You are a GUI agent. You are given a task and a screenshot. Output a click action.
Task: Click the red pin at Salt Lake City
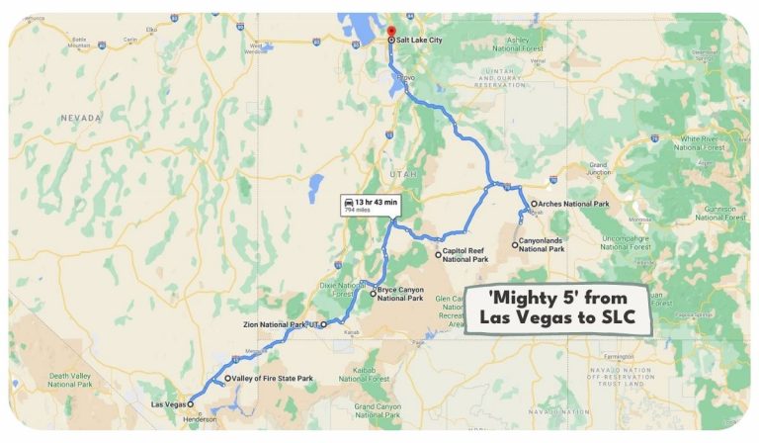[390, 31]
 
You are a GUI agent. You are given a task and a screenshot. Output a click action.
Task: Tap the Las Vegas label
[167, 404]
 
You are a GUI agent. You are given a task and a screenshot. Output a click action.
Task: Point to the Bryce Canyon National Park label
[401, 294]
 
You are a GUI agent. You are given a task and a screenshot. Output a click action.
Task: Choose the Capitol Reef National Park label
[464, 256]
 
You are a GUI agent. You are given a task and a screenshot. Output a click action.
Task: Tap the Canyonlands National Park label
[543, 246]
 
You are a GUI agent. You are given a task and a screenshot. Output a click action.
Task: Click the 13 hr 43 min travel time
[378, 202]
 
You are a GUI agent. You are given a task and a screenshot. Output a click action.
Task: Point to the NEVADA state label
[80, 117]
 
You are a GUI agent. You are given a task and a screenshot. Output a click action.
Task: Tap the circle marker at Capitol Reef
[439, 254]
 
